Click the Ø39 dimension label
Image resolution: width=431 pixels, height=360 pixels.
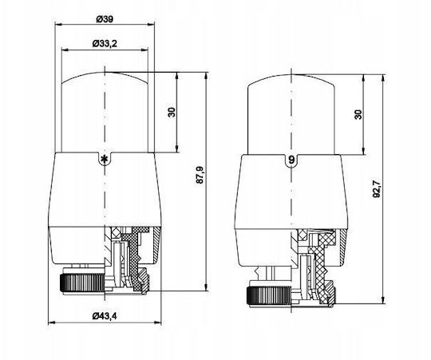(x=105, y=19)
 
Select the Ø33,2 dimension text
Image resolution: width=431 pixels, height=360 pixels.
(x=105, y=43)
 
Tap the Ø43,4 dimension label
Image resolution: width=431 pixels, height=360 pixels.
(x=105, y=316)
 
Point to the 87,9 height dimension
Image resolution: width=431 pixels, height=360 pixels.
(x=200, y=175)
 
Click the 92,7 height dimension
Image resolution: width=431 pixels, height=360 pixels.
(x=377, y=189)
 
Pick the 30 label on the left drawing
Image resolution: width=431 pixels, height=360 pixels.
(x=172, y=112)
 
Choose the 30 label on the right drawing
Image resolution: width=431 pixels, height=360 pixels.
(x=358, y=114)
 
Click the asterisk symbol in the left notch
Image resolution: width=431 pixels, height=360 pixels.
(x=105, y=159)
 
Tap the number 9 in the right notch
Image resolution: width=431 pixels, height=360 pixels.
(x=291, y=160)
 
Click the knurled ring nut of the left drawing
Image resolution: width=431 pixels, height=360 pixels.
(x=82, y=283)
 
